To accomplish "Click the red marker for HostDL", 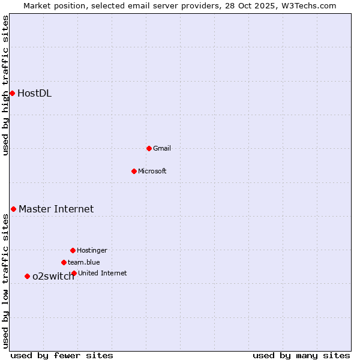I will click(12, 93).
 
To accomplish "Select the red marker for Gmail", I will click(149, 148).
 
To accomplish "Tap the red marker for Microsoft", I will click(134, 171).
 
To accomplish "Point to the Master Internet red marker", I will click(13, 209).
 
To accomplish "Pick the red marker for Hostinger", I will click(73, 250).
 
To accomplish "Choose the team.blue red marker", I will click(64, 262).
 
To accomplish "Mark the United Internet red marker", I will click(74, 273).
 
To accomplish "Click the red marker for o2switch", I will click(27, 276).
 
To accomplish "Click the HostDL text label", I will click(34, 93).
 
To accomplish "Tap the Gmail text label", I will click(162, 148).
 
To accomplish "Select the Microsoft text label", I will click(152, 171).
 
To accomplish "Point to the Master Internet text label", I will click(56, 209).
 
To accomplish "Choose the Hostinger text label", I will click(92, 250).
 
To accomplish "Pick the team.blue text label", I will click(84, 262).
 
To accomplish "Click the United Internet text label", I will click(103, 273).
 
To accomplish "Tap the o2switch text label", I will click(53, 276).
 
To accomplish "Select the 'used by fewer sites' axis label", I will click(62, 355).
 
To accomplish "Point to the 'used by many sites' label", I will click(301, 355).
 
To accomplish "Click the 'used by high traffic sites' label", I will click(5, 85).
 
